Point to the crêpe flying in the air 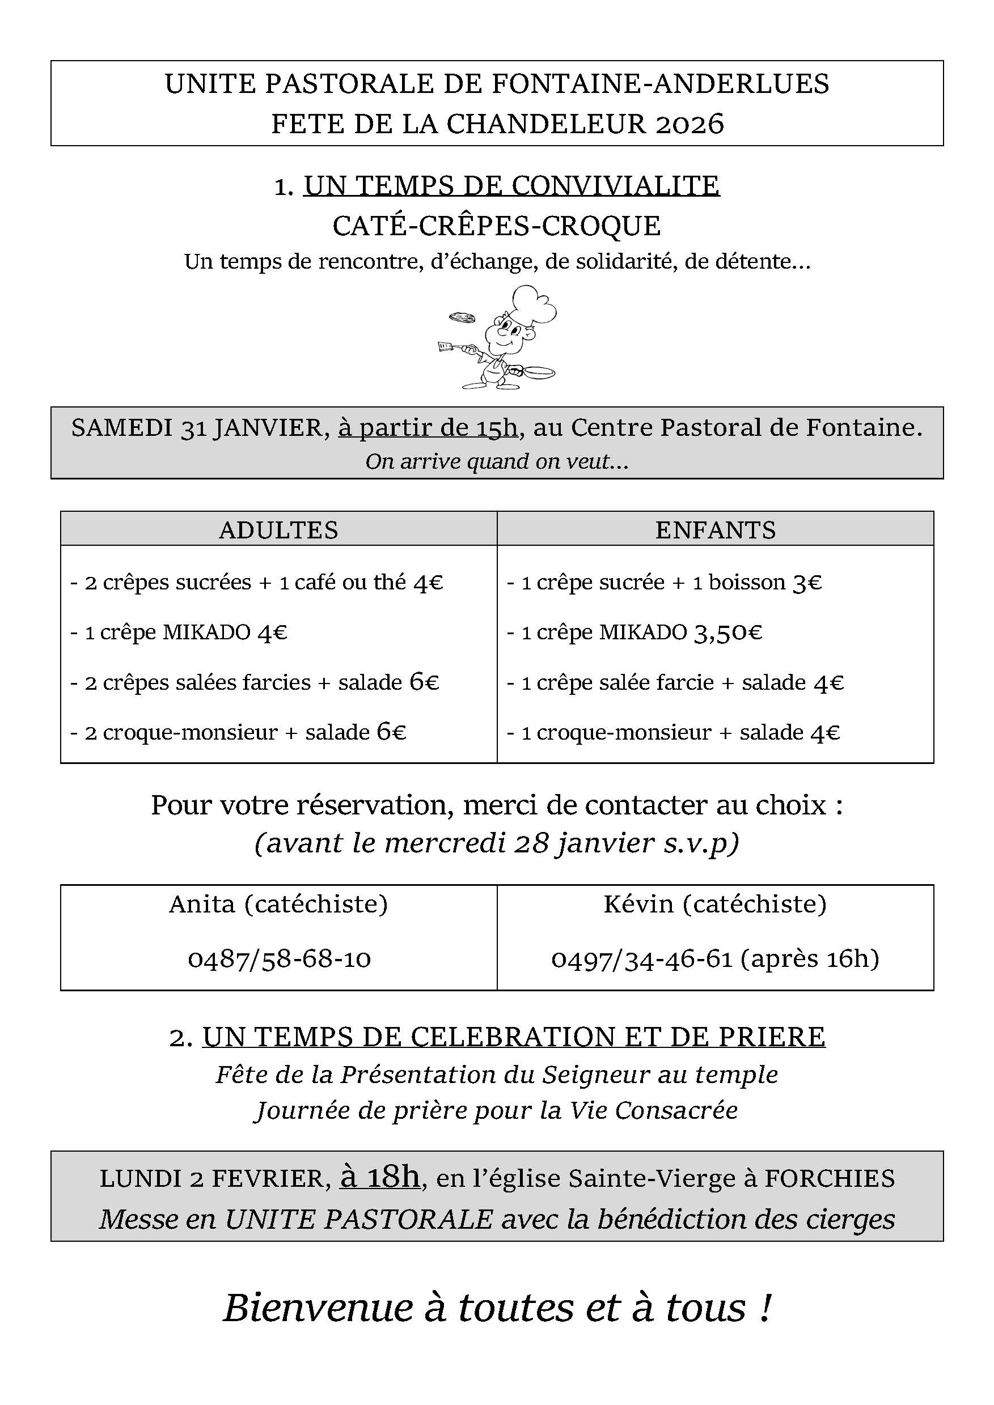462,317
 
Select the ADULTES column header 278,529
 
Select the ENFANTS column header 716,529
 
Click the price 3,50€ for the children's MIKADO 727,632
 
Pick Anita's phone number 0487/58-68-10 279,958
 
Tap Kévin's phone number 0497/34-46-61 642,958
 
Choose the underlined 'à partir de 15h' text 429,427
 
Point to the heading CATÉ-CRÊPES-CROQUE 496,225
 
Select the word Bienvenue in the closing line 318,1308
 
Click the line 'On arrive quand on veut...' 496,461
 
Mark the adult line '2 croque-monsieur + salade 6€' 238,732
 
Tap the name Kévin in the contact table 638,905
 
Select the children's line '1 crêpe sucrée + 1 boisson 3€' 664,582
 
